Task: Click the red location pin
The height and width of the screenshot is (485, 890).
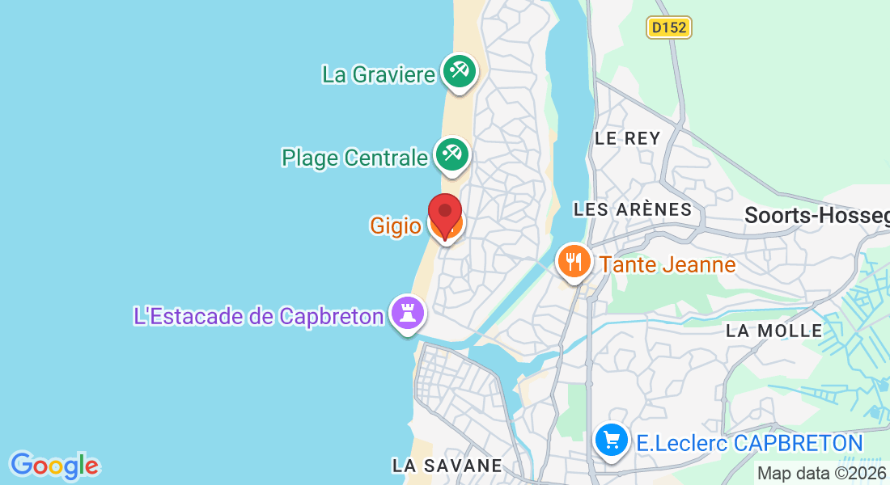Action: [444, 212]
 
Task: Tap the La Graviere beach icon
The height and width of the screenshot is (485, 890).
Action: [459, 71]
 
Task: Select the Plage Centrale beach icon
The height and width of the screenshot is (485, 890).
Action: [451, 154]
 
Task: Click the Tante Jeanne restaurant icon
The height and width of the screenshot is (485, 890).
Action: [574, 262]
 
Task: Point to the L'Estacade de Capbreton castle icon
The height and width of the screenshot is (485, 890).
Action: [407, 312]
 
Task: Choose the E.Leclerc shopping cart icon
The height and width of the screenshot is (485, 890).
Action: [612, 441]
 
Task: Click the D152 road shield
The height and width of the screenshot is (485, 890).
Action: [669, 27]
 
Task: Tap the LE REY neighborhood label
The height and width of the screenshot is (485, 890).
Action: [628, 138]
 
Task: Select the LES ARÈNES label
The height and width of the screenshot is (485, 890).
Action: [633, 210]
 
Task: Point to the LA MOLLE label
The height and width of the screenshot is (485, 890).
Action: [773, 331]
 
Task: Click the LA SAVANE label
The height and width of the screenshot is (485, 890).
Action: [447, 466]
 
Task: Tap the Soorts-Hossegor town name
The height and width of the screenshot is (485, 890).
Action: [816, 215]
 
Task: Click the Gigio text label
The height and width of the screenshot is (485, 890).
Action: [395, 226]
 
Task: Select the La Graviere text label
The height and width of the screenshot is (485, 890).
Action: [379, 74]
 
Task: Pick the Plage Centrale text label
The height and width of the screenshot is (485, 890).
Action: [354, 158]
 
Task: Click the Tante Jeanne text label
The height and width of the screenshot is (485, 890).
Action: [667, 264]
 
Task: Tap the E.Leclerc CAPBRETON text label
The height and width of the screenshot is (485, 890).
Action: [749, 443]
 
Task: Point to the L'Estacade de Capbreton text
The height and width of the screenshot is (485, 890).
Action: [258, 315]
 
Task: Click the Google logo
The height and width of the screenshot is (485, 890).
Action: [54, 466]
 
